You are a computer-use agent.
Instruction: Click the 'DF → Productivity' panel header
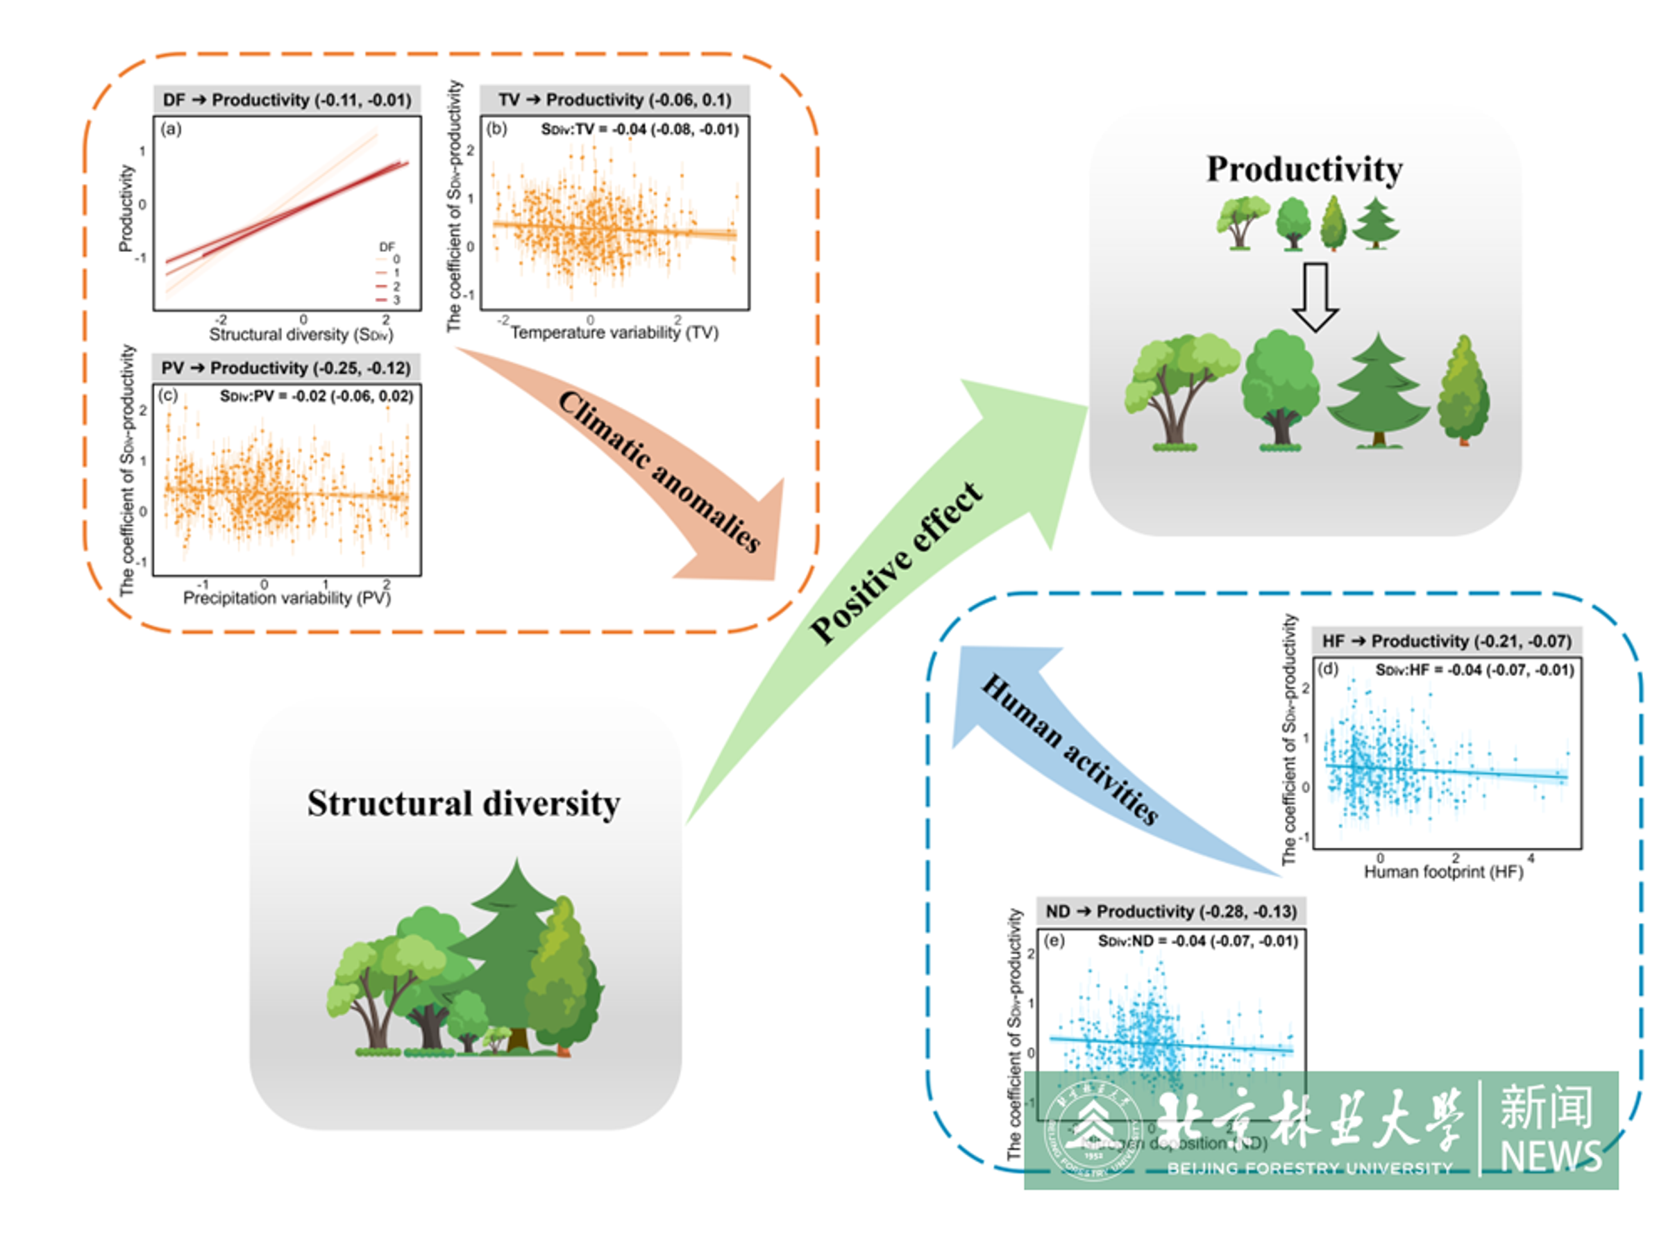(287, 99)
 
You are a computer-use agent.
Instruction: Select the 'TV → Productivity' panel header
(614, 99)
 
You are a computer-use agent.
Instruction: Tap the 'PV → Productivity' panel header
(286, 367)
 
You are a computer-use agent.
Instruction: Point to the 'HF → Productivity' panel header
(1446, 641)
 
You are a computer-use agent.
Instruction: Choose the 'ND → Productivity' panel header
(1170, 911)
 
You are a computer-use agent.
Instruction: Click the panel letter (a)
(171, 128)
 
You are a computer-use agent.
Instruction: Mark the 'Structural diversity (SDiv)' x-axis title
(301, 335)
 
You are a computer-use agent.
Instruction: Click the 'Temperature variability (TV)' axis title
(614, 333)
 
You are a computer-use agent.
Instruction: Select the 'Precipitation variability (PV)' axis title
(287, 597)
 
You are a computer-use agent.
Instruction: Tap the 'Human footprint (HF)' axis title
(1443, 872)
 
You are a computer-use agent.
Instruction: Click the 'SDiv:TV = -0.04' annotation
(639, 130)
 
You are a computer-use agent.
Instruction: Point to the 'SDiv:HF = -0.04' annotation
(1474, 670)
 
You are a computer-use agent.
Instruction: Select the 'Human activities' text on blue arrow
(1070, 749)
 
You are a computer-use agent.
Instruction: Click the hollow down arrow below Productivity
(1315, 297)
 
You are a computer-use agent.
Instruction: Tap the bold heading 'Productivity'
(1304, 169)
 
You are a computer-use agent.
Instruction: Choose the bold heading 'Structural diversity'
(463, 804)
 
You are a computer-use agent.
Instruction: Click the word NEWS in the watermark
(1551, 1157)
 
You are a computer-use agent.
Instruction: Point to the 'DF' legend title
(387, 247)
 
